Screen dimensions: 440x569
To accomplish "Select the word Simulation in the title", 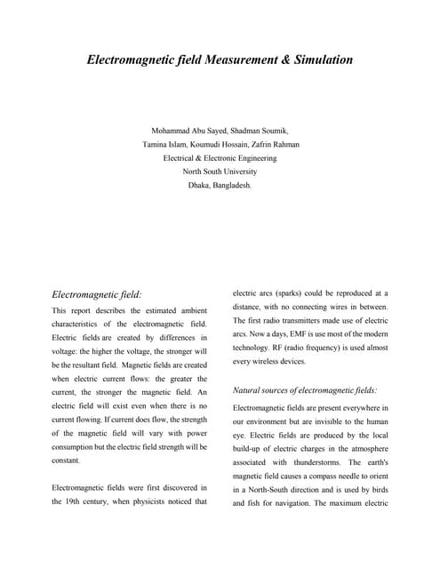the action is pos(320,60).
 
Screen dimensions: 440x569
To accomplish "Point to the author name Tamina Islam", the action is pos(164,144).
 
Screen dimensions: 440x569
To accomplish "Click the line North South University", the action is pos(220,171).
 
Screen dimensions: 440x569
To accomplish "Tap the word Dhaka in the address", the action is pos(202,185).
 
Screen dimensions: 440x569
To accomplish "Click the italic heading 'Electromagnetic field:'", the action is pos(97,293).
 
